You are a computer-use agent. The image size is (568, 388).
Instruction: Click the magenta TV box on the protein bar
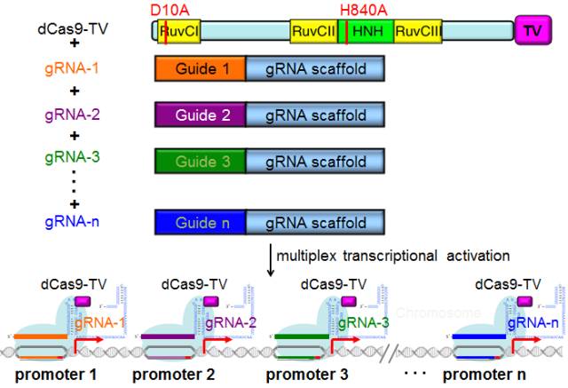click(x=532, y=31)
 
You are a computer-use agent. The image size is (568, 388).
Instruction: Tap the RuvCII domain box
click(x=314, y=31)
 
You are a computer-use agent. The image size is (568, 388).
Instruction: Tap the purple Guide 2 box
click(x=199, y=115)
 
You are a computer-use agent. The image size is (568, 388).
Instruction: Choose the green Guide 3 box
click(x=199, y=162)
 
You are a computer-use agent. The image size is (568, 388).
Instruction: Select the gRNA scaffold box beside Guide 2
click(x=314, y=115)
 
